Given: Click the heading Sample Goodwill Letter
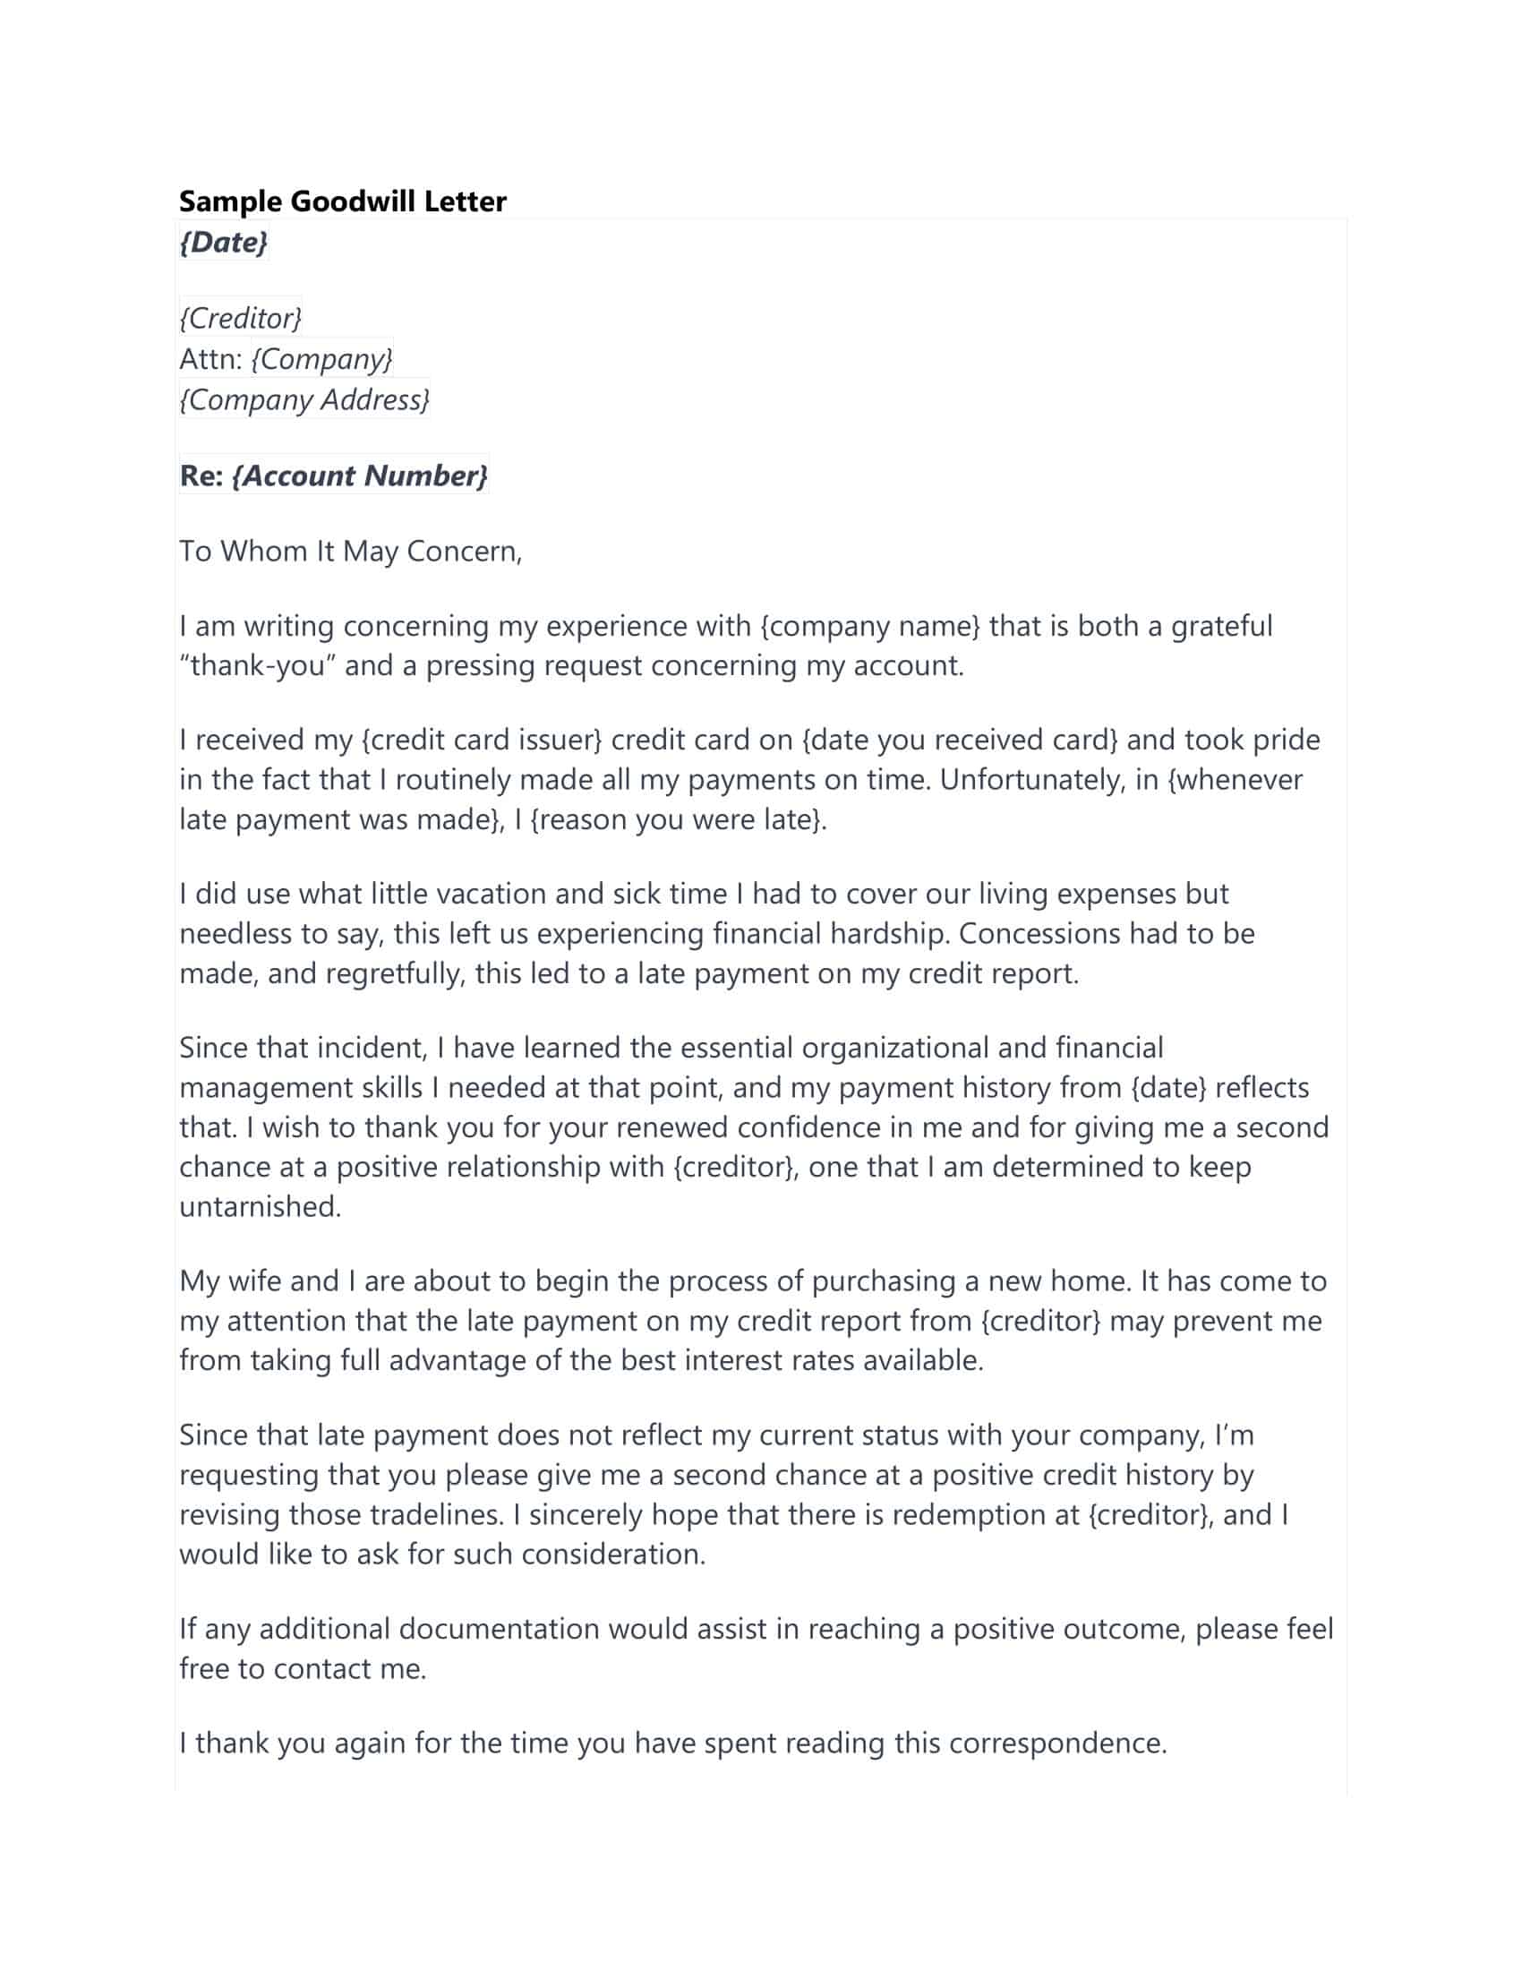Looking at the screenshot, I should tap(343, 201).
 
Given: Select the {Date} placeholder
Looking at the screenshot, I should tap(224, 242).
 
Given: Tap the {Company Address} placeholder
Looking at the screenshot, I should tap(304, 398).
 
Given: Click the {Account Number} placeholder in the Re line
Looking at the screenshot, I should tap(360, 475).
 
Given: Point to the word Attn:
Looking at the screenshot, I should tap(211, 359).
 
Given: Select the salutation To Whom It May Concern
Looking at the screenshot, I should tap(350, 551).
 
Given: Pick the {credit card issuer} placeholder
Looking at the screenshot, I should tap(482, 741).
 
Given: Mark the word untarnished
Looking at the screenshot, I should tap(260, 1207).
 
